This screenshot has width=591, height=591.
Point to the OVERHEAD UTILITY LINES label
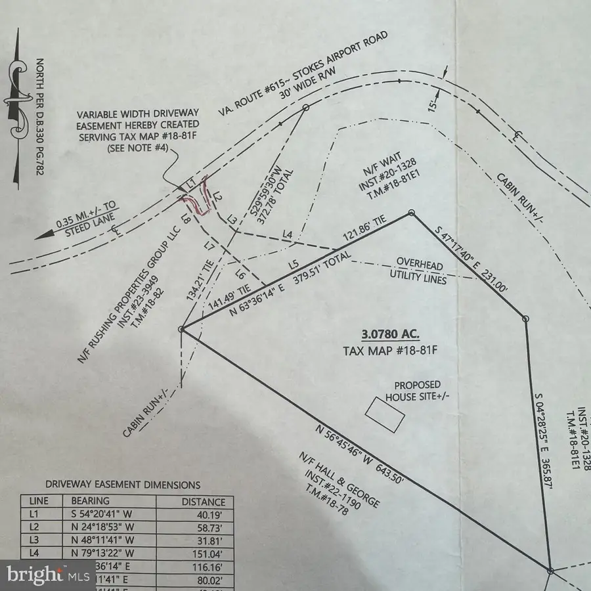(x=418, y=273)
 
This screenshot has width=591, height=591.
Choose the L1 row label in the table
(x=35, y=515)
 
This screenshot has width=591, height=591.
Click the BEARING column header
(x=91, y=501)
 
